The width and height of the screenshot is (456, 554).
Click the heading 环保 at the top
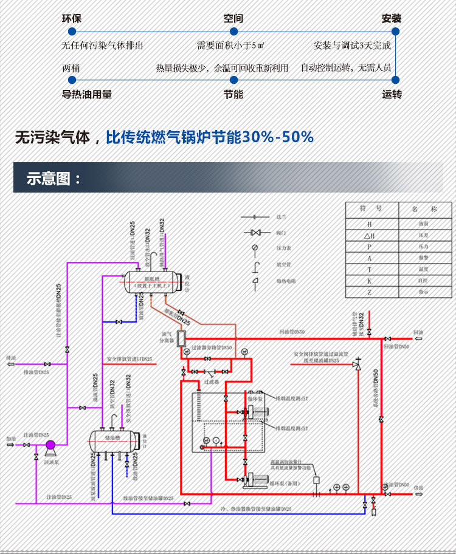[71, 18]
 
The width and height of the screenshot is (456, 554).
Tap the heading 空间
[233, 18]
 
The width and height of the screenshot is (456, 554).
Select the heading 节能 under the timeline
[233, 94]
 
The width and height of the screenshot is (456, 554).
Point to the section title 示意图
[54, 179]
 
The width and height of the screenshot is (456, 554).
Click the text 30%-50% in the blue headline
[278, 138]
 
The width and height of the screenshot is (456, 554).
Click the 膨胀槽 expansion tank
[152, 281]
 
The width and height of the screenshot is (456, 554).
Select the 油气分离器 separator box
[181, 337]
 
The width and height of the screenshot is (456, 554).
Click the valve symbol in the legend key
[255, 232]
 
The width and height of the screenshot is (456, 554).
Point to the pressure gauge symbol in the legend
[255, 247]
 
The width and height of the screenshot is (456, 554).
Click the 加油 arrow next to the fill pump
[11, 445]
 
